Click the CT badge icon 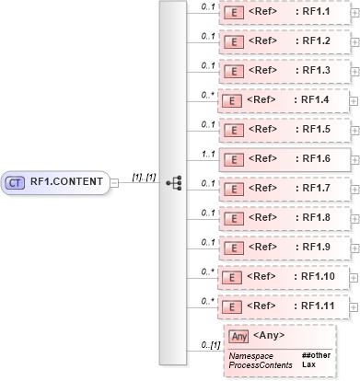[15, 182]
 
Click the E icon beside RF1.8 [235, 217]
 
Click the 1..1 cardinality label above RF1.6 [208, 150]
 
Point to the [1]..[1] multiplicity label [142, 176]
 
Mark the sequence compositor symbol [173, 182]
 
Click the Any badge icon [238, 337]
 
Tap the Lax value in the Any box [307, 364]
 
